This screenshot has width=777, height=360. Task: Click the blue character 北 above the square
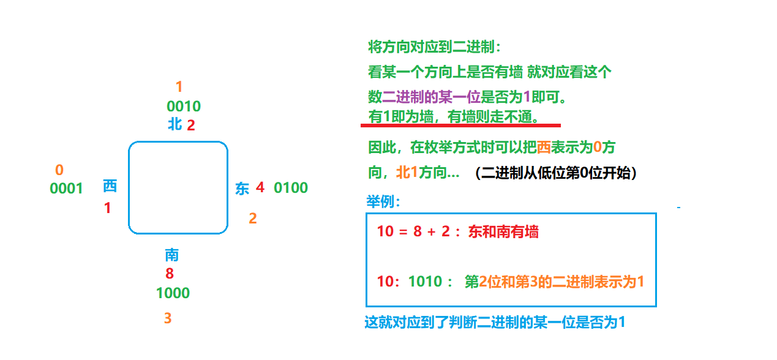[x=175, y=124]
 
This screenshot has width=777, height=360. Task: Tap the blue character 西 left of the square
[x=110, y=186]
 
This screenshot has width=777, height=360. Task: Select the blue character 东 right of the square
[x=242, y=189]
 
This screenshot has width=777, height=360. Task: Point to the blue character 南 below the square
[x=171, y=255]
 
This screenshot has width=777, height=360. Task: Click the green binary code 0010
[x=184, y=107]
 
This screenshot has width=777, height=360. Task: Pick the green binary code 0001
[x=66, y=189]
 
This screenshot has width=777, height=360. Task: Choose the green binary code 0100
[x=291, y=188]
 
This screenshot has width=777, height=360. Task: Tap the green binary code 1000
[x=173, y=293]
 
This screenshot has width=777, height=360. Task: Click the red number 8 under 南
[x=170, y=274]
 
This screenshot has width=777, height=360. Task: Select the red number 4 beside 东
[x=260, y=187]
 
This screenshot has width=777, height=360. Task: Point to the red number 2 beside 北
[x=190, y=126]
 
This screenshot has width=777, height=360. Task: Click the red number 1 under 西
[x=108, y=208]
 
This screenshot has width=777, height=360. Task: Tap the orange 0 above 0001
[x=59, y=170]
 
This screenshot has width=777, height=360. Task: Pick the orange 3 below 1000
[x=168, y=318]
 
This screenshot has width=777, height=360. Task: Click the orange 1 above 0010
[x=179, y=87]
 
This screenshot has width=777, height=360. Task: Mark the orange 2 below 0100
[x=253, y=218]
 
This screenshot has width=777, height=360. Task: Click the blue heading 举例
[x=383, y=201]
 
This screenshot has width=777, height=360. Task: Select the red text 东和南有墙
[x=503, y=232]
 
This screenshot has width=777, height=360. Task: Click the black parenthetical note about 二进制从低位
[x=556, y=173]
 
